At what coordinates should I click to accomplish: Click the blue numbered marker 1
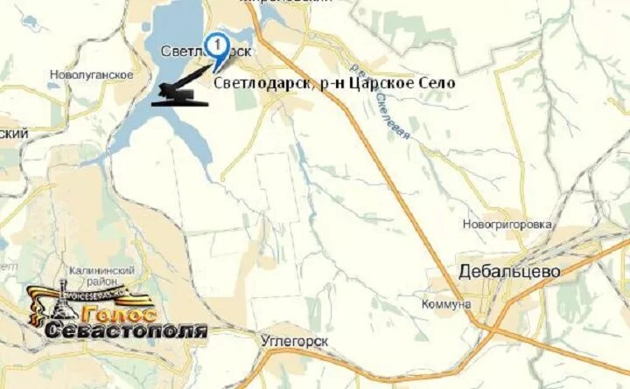click(x=216, y=44)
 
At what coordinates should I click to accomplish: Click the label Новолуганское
click(x=92, y=75)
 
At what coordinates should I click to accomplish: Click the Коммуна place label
click(x=445, y=303)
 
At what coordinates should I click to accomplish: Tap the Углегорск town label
click(x=295, y=340)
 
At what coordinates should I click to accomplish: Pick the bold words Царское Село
click(x=409, y=83)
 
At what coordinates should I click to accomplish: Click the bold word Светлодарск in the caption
click(x=258, y=83)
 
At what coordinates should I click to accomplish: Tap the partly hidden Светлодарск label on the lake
click(x=188, y=52)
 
